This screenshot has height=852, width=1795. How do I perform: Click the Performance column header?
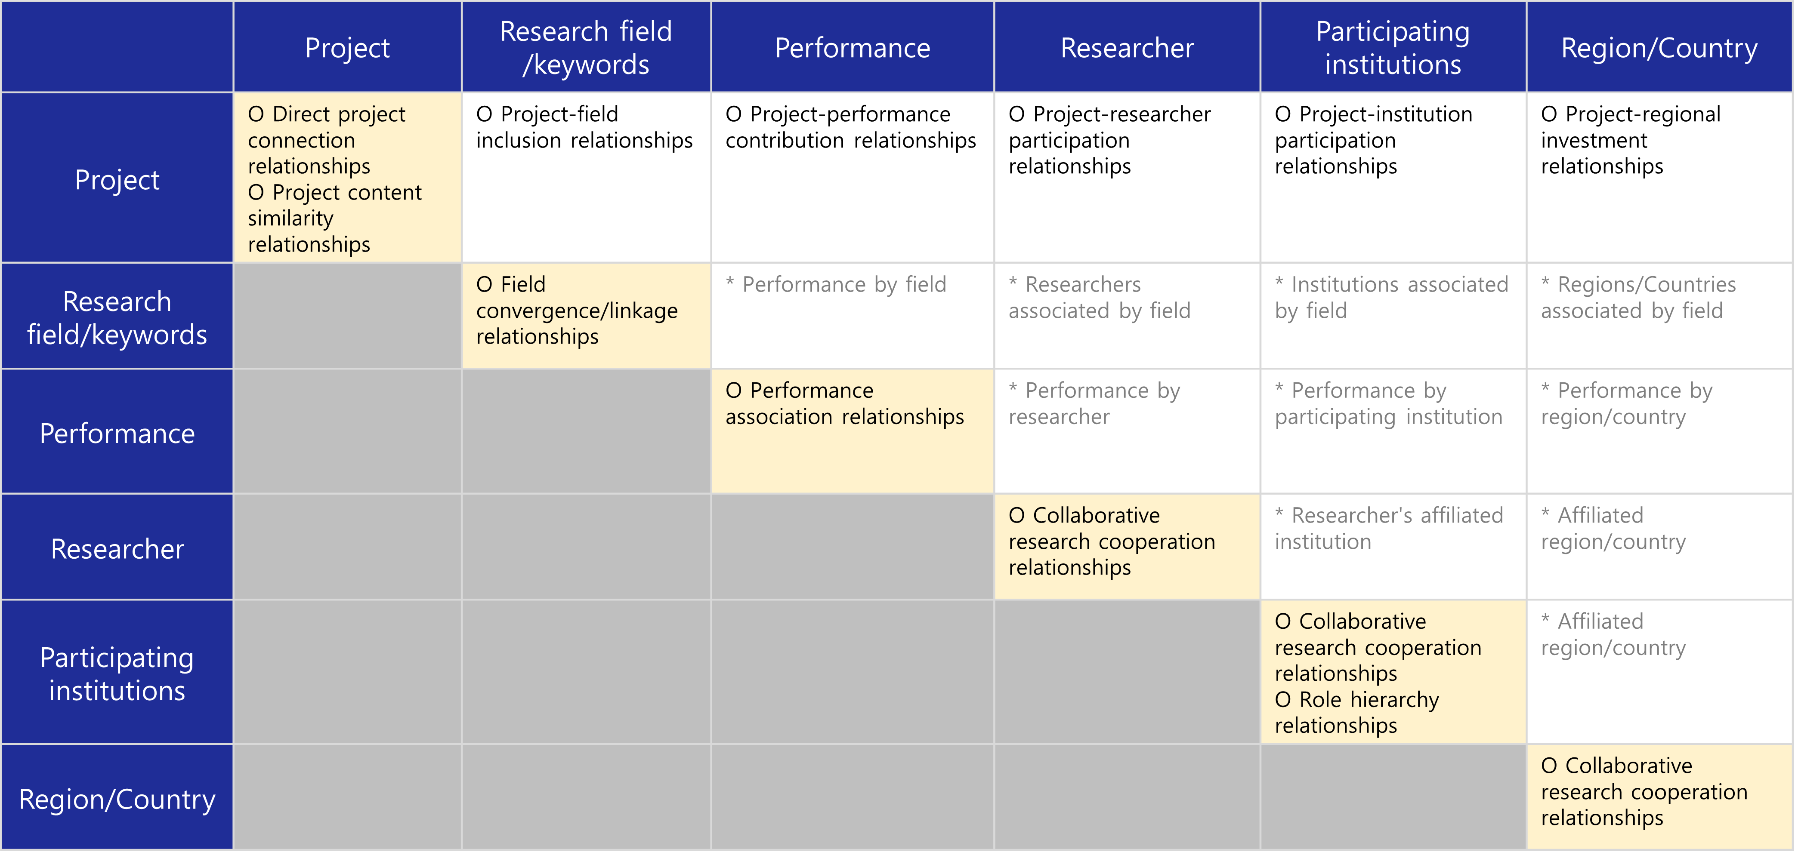852,47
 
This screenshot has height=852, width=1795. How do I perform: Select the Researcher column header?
1127,47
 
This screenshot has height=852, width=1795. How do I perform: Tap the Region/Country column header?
1659,47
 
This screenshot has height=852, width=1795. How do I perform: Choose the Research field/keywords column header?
586,47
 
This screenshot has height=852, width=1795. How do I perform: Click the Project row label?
117,179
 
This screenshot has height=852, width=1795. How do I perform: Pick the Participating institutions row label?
117,673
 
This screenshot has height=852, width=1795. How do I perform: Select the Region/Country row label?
117,798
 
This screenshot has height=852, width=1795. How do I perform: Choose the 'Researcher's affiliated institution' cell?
1393,547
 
